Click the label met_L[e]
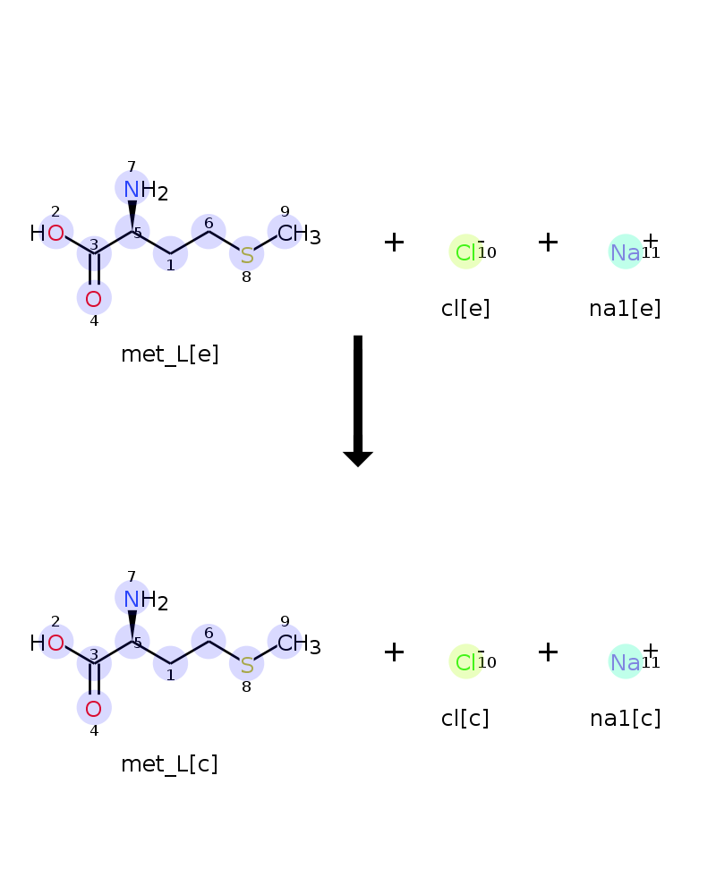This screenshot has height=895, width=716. pyautogui.click(x=169, y=354)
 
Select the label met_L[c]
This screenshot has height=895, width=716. pyautogui.click(x=169, y=764)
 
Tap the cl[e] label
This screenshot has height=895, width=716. pyautogui.click(x=465, y=309)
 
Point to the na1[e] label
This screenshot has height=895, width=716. pyautogui.click(x=626, y=309)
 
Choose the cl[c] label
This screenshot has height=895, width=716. pyautogui.click(x=465, y=719)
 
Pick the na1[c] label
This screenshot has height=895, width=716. pyautogui.click(x=626, y=719)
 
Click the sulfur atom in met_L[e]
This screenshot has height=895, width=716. pyautogui.click(x=247, y=255)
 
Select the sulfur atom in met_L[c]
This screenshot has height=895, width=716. pyautogui.click(x=247, y=665)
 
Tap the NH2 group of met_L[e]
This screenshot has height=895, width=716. pyautogui.click(x=146, y=190)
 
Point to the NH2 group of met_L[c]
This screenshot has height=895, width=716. pyautogui.click(x=146, y=600)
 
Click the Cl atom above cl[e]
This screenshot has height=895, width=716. pyautogui.click(x=465, y=251)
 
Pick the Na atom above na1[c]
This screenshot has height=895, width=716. pyautogui.click(x=626, y=662)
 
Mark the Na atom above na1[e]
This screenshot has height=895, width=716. pyautogui.click(x=626, y=252)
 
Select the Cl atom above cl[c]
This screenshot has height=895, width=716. pyautogui.click(x=465, y=661)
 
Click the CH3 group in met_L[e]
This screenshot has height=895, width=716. pyautogui.click(x=299, y=234)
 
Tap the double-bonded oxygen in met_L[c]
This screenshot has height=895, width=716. pyautogui.click(x=94, y=709)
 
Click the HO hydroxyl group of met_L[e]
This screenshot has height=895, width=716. pyautogui.click(x=47, y=233)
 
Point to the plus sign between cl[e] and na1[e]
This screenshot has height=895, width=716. pyautogui.click(x=548, y=242)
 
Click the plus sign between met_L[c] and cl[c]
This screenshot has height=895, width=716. pyautogui.click(x=394, y=652)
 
